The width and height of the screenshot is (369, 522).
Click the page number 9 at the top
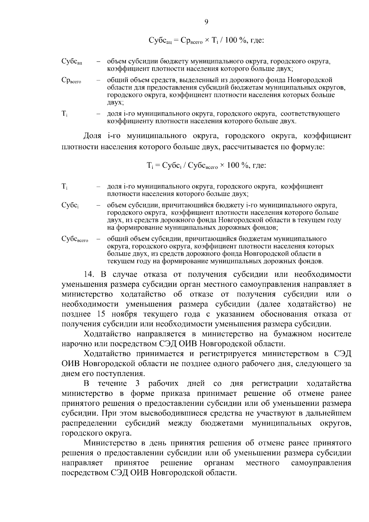206,22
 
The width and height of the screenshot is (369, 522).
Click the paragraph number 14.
90,274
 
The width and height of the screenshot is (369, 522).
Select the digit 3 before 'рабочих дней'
137,384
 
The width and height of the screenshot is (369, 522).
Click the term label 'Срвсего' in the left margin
71,81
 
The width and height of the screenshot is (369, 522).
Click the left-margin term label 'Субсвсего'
75,239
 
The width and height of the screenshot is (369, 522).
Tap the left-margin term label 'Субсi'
70,205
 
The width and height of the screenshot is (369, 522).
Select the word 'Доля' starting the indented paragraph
93,136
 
